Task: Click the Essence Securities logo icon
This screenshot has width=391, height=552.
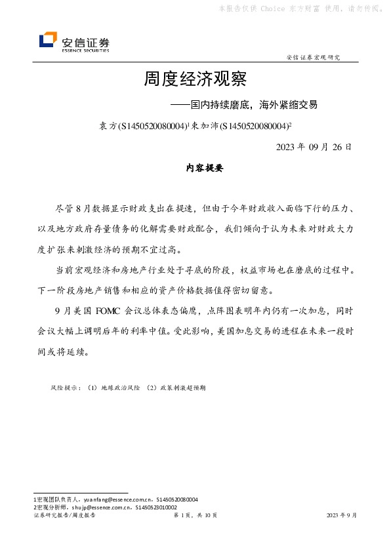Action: click(48, 41)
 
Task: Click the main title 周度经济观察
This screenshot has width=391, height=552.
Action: click(195, 80)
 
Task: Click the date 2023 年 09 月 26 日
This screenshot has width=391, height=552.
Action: click(314, 146)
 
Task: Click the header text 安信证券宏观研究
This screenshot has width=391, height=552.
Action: click(314, 58)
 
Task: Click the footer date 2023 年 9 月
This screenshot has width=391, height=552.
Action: click(341, 516)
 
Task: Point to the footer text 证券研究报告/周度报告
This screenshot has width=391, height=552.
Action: click(64, 516)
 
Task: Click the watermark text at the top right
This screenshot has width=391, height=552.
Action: click(298, 9)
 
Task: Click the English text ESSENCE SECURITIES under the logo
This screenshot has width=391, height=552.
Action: click(85, 50)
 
